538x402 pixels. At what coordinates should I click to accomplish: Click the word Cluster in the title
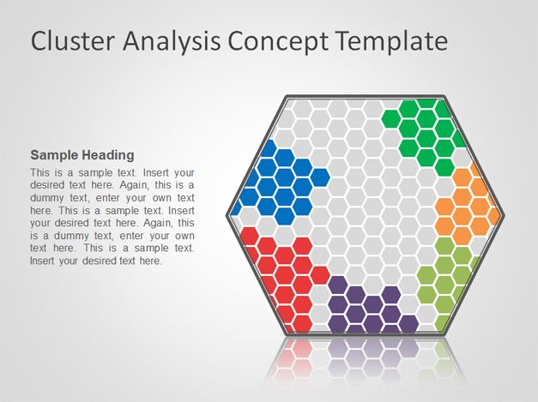coord(72,41)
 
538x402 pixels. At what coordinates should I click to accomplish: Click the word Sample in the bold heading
coord(54,155)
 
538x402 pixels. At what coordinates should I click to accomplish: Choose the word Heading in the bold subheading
coord(108,155)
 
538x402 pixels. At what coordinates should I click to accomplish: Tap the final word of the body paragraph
coord(150,261)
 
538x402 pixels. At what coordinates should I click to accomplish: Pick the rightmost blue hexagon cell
coord(320,177)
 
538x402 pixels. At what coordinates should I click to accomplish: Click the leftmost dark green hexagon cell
coord(391,118)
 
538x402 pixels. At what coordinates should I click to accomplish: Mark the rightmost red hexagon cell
coord(320,275)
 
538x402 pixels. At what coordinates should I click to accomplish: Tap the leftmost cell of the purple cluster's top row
coord(338,285)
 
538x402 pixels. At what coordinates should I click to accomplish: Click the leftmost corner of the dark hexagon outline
coord(227,215)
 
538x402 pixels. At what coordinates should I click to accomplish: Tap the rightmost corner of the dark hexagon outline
coord(504,215)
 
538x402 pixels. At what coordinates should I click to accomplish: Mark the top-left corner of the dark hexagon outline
coord(287,97)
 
